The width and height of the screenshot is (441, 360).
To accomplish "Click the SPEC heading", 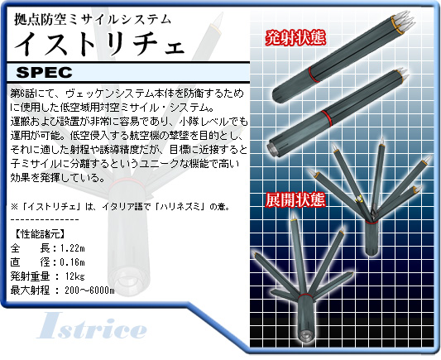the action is click(44, 72).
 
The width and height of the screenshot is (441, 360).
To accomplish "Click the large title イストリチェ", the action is click(99, 43).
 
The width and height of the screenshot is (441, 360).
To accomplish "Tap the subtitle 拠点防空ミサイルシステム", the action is click(93, 19).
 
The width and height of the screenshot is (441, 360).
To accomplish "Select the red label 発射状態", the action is click(295, 38).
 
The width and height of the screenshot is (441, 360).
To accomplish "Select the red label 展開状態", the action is click(295, 199).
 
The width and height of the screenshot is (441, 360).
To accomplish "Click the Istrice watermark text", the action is click(92, 325).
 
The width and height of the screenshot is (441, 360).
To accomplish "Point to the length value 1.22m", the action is click(73, 248).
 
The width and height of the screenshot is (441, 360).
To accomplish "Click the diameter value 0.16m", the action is click(73, 262).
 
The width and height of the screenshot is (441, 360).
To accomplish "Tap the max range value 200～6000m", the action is click(89, 290).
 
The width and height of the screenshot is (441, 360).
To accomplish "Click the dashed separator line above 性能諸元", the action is click(45, 219).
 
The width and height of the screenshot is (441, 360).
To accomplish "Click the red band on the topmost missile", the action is click(314, 74).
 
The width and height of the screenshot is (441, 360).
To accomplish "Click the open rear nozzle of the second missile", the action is click(273, 148).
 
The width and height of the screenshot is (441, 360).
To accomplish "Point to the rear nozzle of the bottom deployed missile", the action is click(304, 334).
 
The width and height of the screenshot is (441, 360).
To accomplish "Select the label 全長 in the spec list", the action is click(31, 248).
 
